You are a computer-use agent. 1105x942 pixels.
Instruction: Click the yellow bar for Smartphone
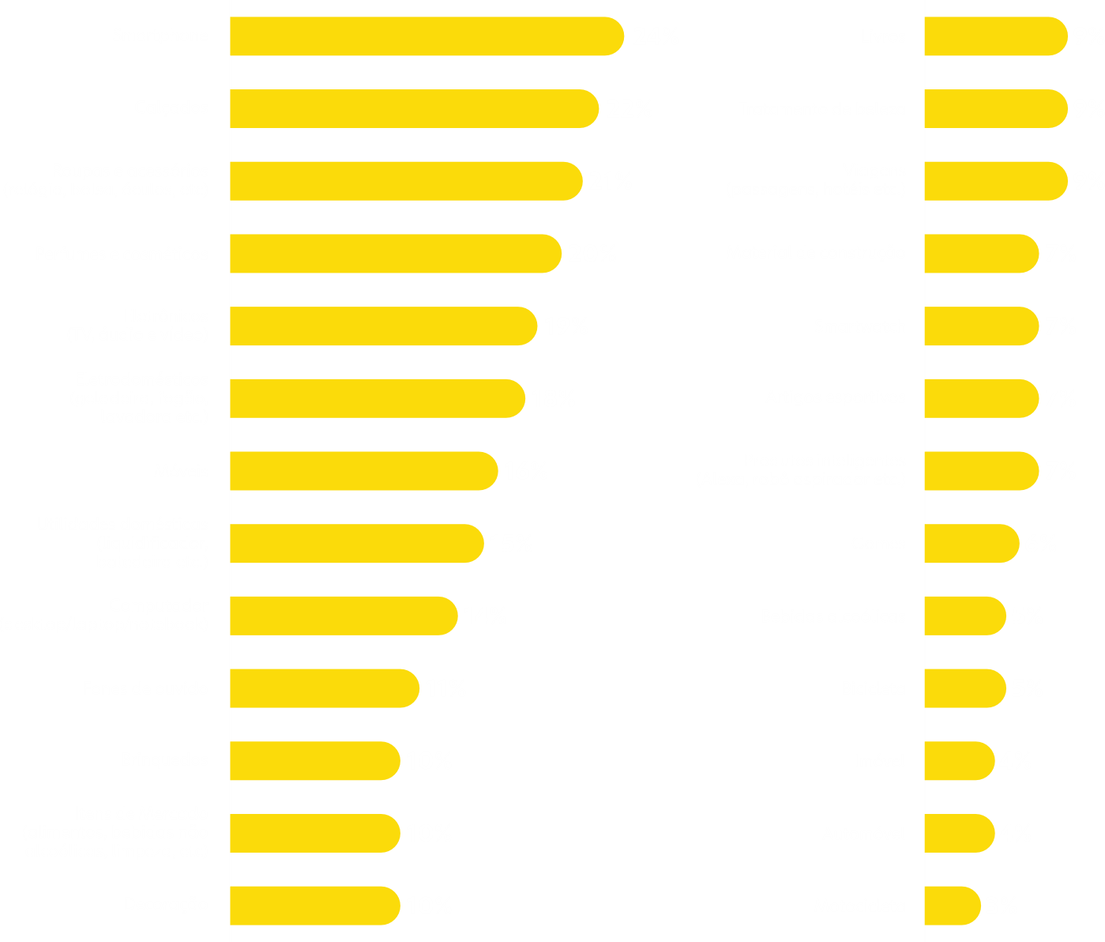tap(427, 36)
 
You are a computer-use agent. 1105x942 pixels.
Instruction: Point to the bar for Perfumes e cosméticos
tap(395, 254)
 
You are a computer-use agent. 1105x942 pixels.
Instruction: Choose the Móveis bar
tap(363, 471)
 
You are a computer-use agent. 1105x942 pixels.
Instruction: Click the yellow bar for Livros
tap(995, 36)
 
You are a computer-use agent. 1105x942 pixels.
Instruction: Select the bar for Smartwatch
tap(981, 326)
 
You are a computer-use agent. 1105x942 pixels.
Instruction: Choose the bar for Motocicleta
tap(952, 906)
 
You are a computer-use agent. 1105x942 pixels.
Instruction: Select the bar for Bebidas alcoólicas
tap(964, 616)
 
